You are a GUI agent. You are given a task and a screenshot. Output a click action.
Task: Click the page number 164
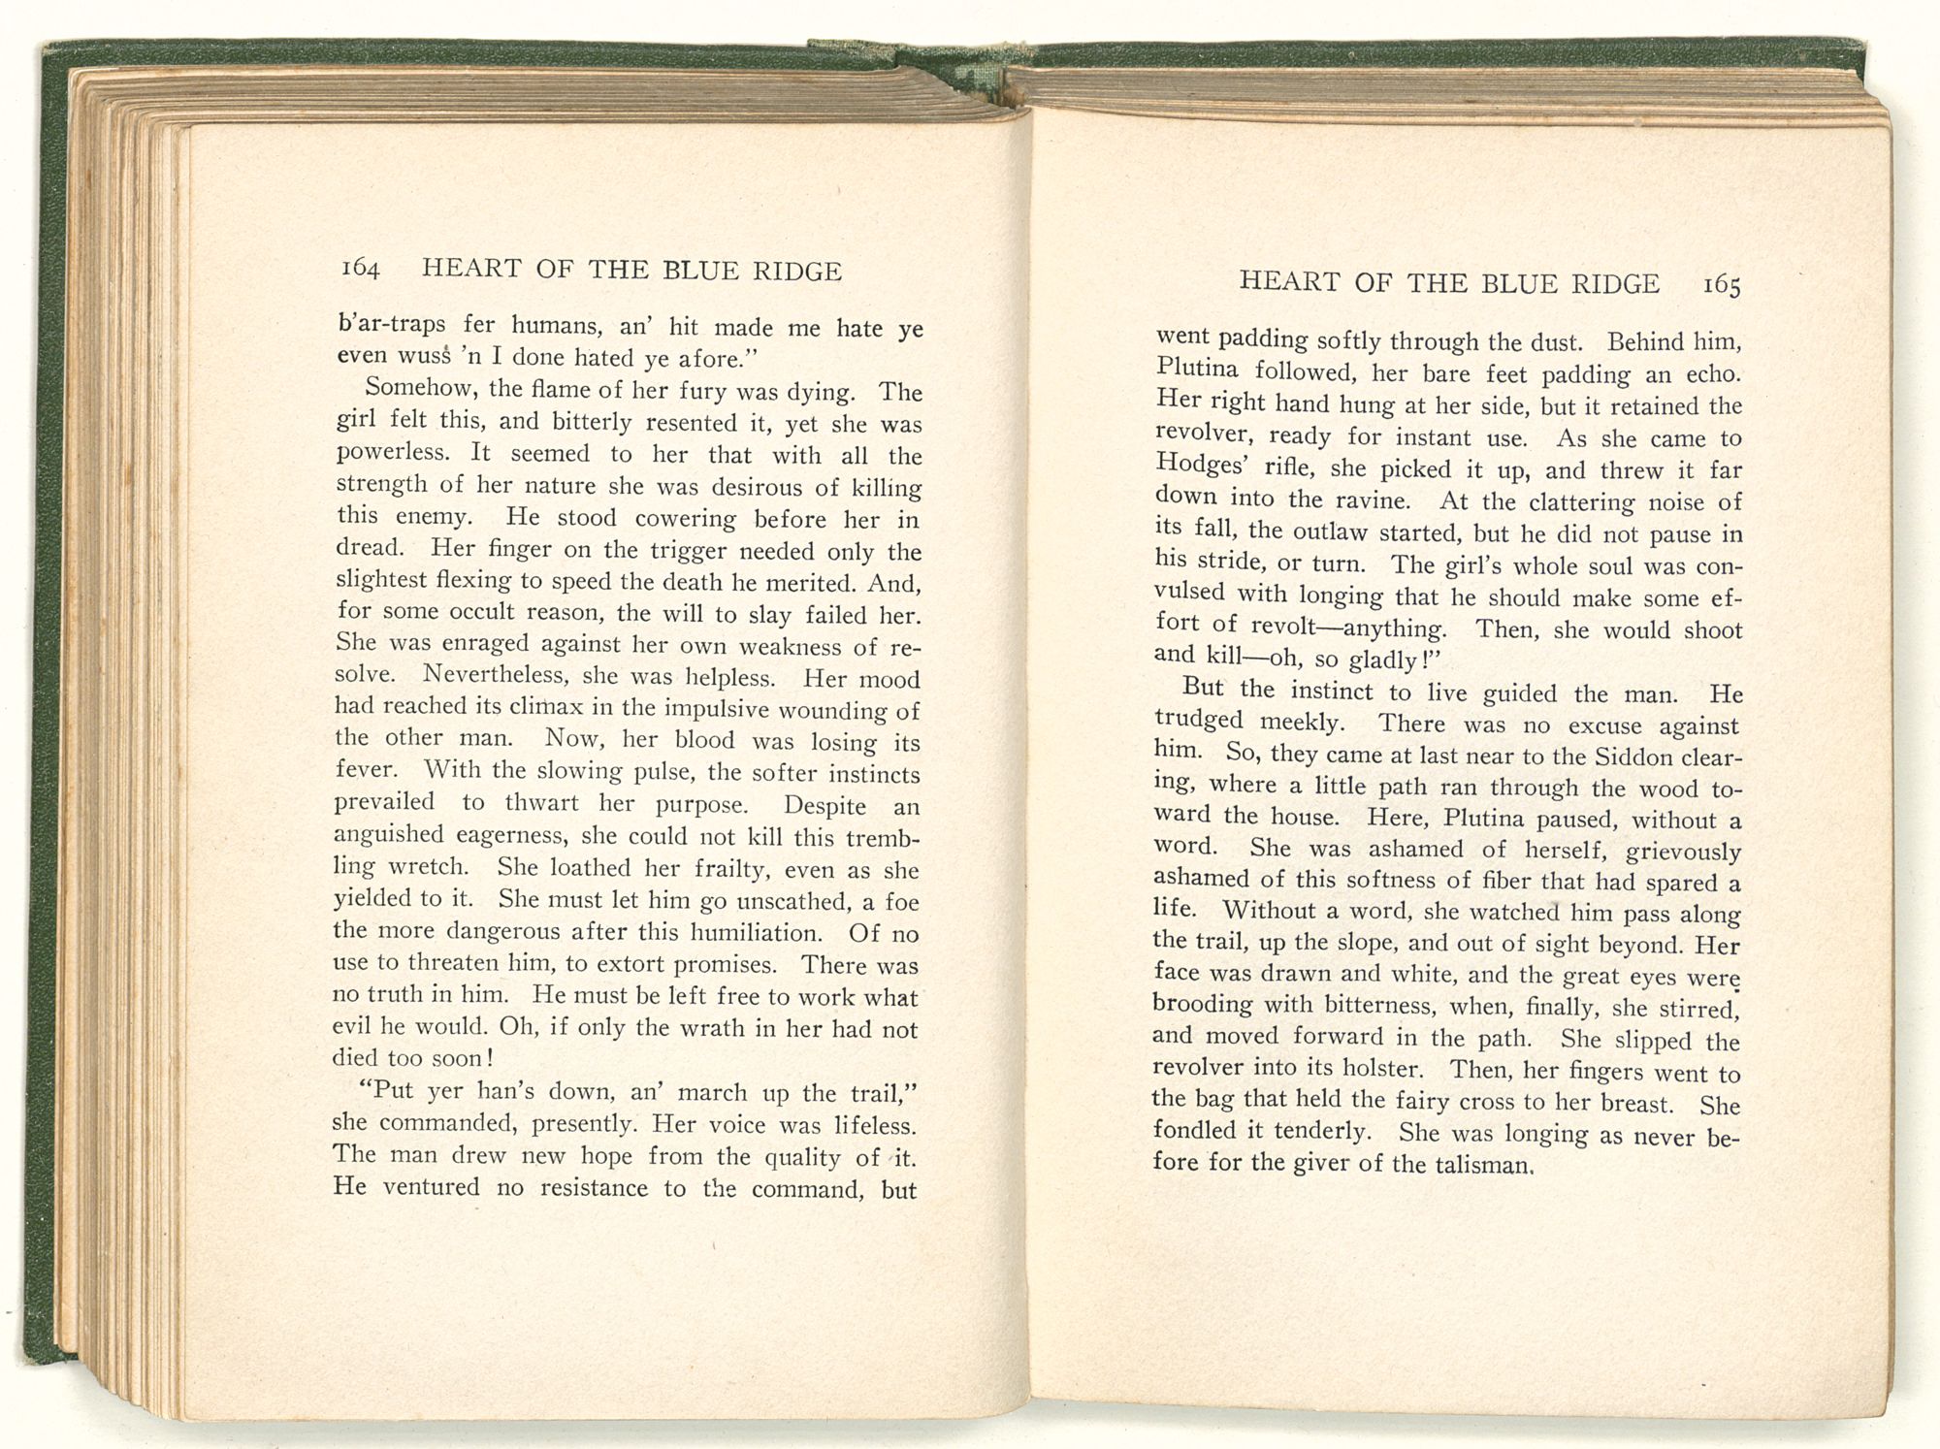point(359,269)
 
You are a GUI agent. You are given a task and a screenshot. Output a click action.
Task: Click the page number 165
point(1721,285)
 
